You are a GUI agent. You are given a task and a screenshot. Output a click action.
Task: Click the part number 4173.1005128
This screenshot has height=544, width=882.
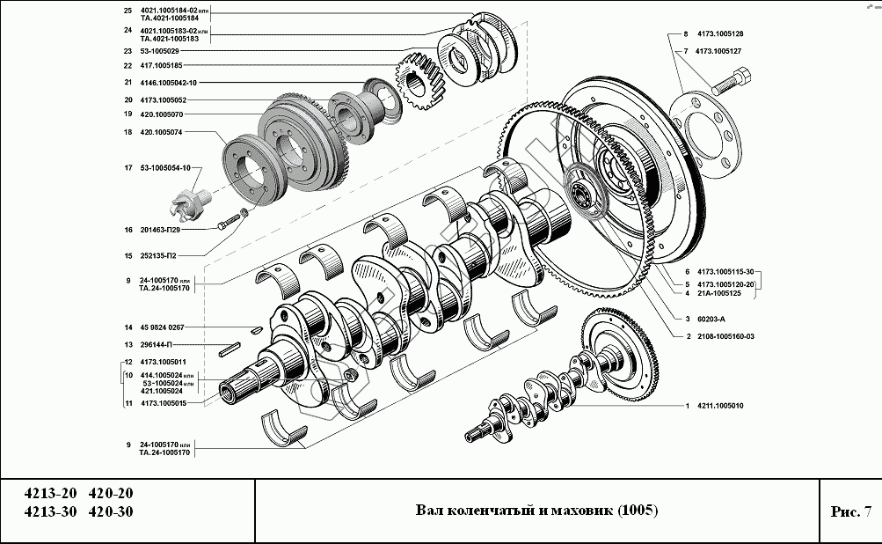(x=718, y=34)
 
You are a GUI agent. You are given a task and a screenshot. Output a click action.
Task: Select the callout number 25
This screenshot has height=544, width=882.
(x=128, y=11)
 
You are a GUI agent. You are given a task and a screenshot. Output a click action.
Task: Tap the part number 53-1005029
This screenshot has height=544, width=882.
(x=159, y=51)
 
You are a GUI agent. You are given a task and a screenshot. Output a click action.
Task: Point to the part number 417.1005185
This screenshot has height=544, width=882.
(x=161, y=66)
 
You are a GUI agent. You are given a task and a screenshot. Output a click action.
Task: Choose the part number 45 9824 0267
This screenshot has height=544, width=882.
(x=162, y=327)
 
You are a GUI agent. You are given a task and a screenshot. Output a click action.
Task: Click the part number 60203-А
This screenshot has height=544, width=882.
(x=711, y=318)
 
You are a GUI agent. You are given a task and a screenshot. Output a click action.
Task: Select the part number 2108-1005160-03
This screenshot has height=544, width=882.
(x=725, y=337)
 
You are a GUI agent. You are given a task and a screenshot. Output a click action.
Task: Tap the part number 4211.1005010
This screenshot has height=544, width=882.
(x=719, y=406)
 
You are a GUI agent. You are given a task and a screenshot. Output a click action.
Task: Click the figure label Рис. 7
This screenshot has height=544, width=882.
(x=849, y=511)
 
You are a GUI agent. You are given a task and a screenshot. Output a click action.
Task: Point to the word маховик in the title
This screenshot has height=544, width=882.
(x=581, y=511)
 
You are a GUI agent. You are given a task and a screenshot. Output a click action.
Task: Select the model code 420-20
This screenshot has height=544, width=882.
(x=112, y=494)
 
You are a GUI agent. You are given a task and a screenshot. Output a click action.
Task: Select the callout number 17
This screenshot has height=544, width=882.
(x=128, y=167)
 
